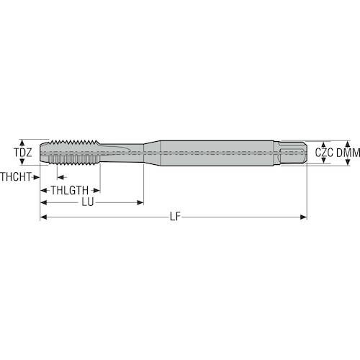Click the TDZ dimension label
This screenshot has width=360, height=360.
tap(22, 153)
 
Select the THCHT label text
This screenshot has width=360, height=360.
tap(16, 177)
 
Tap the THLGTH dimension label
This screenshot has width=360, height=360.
tap(70, 191)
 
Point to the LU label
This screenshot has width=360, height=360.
tap(88, 202)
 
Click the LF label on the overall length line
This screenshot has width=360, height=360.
tap(175, 217)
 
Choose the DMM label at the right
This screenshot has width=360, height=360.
tap(348, 153)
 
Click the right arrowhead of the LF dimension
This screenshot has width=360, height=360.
tap(304, 217)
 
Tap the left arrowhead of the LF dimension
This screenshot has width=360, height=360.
tap(43, 217)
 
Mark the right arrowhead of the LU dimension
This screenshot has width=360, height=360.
tap(140, 202)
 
